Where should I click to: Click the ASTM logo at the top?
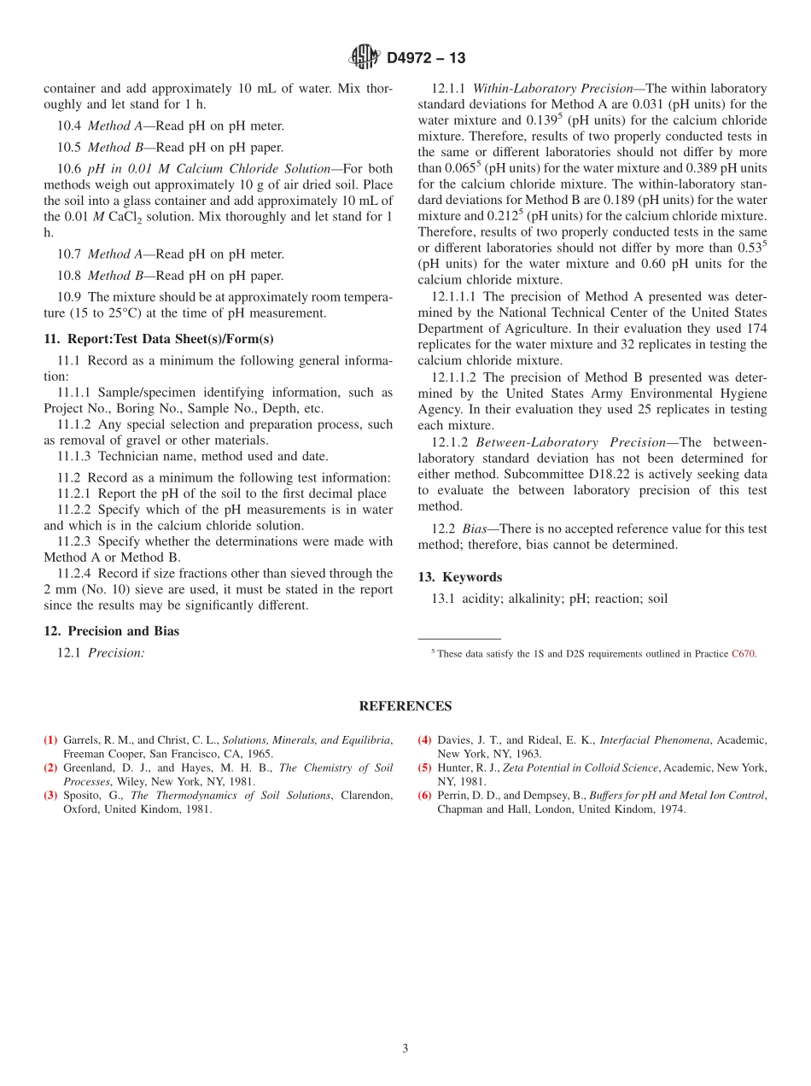point(365,58)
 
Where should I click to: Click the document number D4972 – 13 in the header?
point(426,58)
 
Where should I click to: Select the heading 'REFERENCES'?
point(405,706)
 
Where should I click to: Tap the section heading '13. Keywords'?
point(459,577)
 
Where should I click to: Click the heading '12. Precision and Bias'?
point(111,631)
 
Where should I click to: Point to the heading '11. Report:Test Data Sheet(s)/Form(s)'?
point(158,339)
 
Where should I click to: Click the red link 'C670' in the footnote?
point(743,654)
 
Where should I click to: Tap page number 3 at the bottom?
point(405,1048)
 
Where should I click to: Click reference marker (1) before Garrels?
point(50,739)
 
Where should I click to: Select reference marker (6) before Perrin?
point(424,796)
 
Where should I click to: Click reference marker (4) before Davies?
point(424,739)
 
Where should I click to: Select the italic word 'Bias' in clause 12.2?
point(476,529)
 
